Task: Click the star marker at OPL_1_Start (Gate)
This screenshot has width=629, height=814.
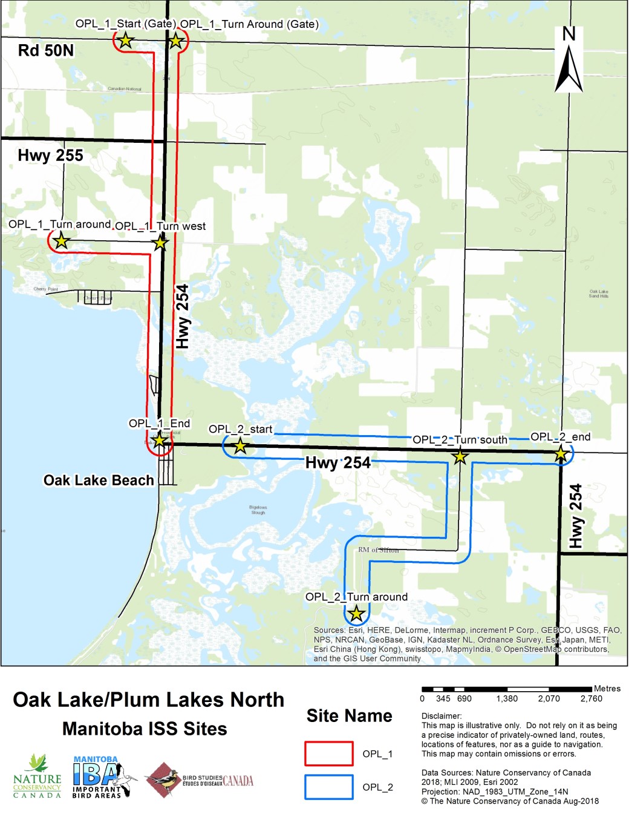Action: (x=125, y=41)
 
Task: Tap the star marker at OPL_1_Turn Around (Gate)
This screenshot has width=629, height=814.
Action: (x=175, y=41)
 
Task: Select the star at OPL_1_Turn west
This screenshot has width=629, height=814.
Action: (x=160, y=243)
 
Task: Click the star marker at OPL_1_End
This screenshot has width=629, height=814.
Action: (x=158, y=440)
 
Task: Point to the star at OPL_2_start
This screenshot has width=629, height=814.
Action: (x=240, y=446)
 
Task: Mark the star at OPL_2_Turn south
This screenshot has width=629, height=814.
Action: (x=460, y=456)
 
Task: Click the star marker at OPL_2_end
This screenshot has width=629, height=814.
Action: (x=561, y=453)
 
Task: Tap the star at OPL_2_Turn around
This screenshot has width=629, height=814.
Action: (x=356, y=614)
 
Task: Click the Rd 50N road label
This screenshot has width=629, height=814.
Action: (x=46, y=50)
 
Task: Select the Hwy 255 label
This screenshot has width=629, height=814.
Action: (x=50, y=156)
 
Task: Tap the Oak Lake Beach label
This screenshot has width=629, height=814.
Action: (x=99, y=480)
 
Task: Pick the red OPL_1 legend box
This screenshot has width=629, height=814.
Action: (x=328, y=753)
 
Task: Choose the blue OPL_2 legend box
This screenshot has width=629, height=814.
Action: (x=328, y=787)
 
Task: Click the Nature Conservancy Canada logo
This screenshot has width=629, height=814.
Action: (x=37, y=777)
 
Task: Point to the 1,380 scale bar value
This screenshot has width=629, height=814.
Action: (x=507, y=698)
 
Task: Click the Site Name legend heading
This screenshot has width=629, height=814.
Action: (x=349, y=716)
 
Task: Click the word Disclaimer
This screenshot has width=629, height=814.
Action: (x=441, y=716)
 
